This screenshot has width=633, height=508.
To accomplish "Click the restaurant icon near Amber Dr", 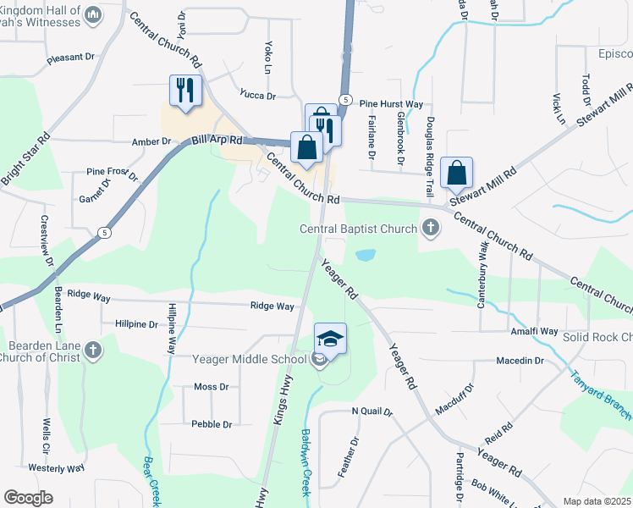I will pyautogui.click(x=185, y=90).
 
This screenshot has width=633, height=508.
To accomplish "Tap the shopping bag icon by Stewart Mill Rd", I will pyautogui.click(x=456, y=173).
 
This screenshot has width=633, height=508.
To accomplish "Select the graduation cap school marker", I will pyautogui.click(x=330, y=340).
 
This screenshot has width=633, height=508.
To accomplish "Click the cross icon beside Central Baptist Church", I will pyautogui.click(x=431, y=228).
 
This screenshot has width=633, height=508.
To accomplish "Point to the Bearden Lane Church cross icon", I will pyautogui.click(x=93, y=351).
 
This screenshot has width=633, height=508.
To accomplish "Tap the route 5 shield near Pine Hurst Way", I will pyautogui.click(x=345, y=100).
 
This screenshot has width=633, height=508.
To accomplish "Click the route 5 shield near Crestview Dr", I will pyautogui.click(x=103, y=232).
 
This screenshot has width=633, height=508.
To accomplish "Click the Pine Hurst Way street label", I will pyautogui.click(x=391, y=104).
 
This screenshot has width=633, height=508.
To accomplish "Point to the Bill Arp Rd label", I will pyautogui.click(x=217, y=140).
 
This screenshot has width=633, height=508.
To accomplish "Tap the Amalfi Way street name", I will pyautogui.click(x=533, y=331).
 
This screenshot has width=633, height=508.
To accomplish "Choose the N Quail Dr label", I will pyautogui.click(x=372, y=412).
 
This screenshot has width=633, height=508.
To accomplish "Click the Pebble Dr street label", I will pyautogui.click(x=212, y=424).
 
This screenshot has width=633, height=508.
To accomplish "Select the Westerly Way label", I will pyautogui.click(x=56, y=467).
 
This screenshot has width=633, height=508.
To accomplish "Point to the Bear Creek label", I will pyautogui.click(x=151, y=482).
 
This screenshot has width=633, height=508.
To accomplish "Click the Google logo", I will pyautogui.click(x=28, y=498).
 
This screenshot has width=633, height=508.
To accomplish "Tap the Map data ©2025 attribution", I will pyautogui.click(x=597, y=501).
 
